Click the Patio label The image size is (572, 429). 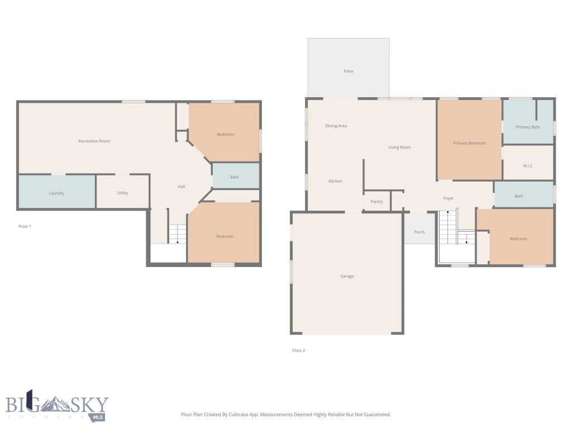(348, 71)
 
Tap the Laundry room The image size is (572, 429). (56, 193)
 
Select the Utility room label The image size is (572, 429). (122, 193)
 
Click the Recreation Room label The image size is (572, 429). (94, 141)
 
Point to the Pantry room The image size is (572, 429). (376, 202)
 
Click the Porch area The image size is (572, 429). (419, 232)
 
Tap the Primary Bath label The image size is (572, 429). (528, 127)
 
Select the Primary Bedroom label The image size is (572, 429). (469, 144)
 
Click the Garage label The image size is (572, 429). (347, 277)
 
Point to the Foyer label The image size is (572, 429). (449, 198)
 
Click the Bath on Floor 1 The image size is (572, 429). (235, 178)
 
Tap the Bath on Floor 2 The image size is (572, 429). (519, 196)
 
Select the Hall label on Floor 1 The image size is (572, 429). (182, 187)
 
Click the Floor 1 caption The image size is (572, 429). (25, 227)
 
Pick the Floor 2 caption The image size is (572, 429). (299, 351)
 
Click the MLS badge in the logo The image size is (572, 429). (98, 417)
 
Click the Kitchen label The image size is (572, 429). (335, 182)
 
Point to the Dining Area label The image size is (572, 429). (336, 126)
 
